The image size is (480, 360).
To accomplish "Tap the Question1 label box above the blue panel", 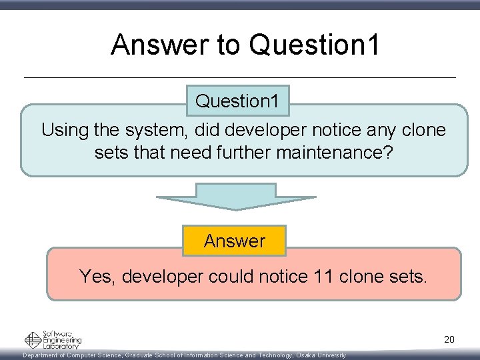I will tap(237, 101).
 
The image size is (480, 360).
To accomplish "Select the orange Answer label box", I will tap(234, 241).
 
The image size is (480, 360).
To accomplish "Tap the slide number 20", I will tap(449, 340).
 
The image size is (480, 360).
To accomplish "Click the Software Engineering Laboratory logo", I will tap(53, 340).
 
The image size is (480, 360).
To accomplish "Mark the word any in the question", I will tap(372, 130).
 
